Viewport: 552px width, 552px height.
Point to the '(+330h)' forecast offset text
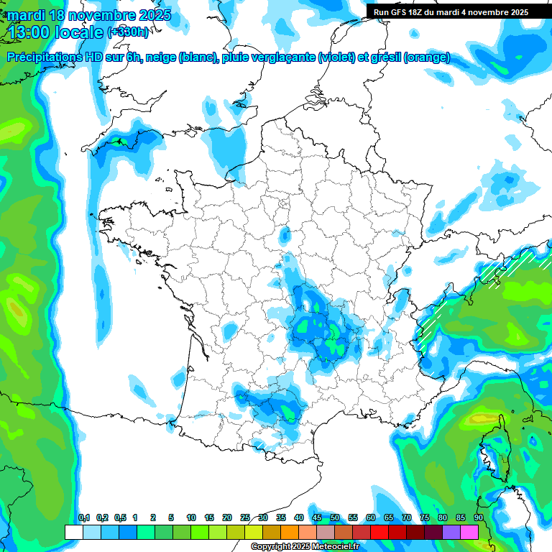click(x=127, y=32)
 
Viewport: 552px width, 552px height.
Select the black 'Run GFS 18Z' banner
click(x=451, y=11)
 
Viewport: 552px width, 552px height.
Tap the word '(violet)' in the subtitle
click(x=336, y=57)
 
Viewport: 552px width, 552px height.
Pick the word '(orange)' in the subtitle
click(x=427, y=57)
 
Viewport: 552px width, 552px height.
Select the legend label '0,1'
click(x=84, y=518)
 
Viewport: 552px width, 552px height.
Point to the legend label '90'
click(x=478, y=518)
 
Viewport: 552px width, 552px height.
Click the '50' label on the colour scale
click(x=335, y=518)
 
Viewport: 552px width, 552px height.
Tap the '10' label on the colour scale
click(x=191, y=518)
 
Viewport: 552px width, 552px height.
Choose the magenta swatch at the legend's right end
click(x=469, y=532)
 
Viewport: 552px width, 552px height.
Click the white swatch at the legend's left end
click(x=73, y=532)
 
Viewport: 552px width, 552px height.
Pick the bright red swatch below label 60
click(x=379, y=532)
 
